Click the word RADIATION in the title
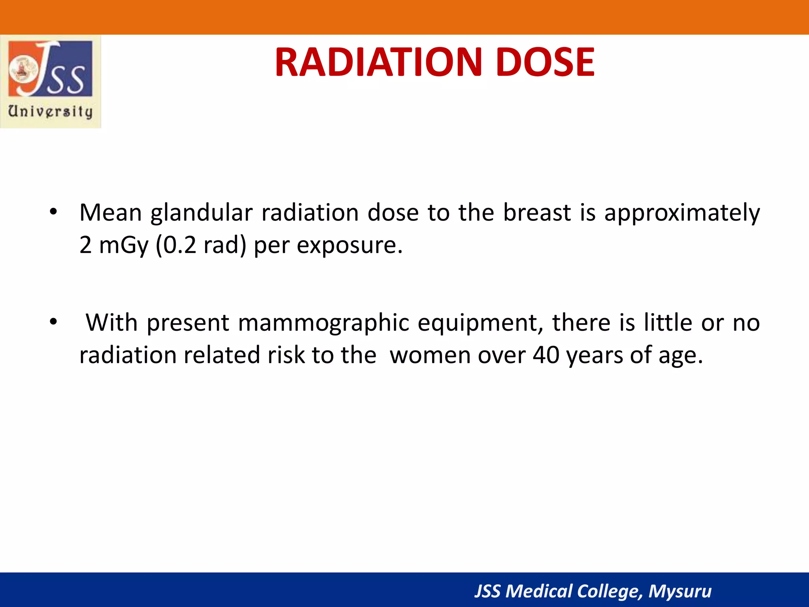click(x=378, y=62)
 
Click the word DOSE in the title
click(x=545, y=62)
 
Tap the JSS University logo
click(x=51, y=81)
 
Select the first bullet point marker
click(x=53, y=213)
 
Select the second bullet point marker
click(x=53, y=322)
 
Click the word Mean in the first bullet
click(x=111, y=213)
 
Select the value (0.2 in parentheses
click(x=176, y=245)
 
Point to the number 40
click(x=546, y=355)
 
